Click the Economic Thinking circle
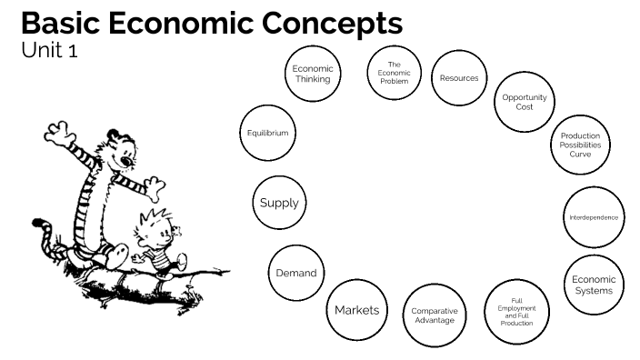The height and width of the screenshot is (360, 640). [x=313, y=73]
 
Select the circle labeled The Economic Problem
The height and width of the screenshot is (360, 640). [x=394, y=73]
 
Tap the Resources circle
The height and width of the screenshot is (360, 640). [x=458, y=78]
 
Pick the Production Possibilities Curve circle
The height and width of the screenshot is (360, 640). [x=580, y=145]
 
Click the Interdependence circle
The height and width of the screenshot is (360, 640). [x=593, y=217]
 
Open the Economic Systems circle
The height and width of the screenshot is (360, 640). [x=594, y=285]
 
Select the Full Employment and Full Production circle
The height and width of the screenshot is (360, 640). [x=515, y=311]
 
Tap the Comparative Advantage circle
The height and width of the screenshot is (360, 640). [x=434, y=315]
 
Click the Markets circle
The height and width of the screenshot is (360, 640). [x=356, y=310]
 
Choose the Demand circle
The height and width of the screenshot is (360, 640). [x=296, y=273]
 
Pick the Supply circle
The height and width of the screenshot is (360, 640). [x=279, y=203]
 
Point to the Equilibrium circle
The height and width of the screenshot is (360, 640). [x=267, y=133]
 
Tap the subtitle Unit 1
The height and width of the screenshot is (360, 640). [x=49, y=51]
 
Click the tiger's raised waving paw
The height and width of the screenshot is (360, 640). [x=63, y=137]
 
